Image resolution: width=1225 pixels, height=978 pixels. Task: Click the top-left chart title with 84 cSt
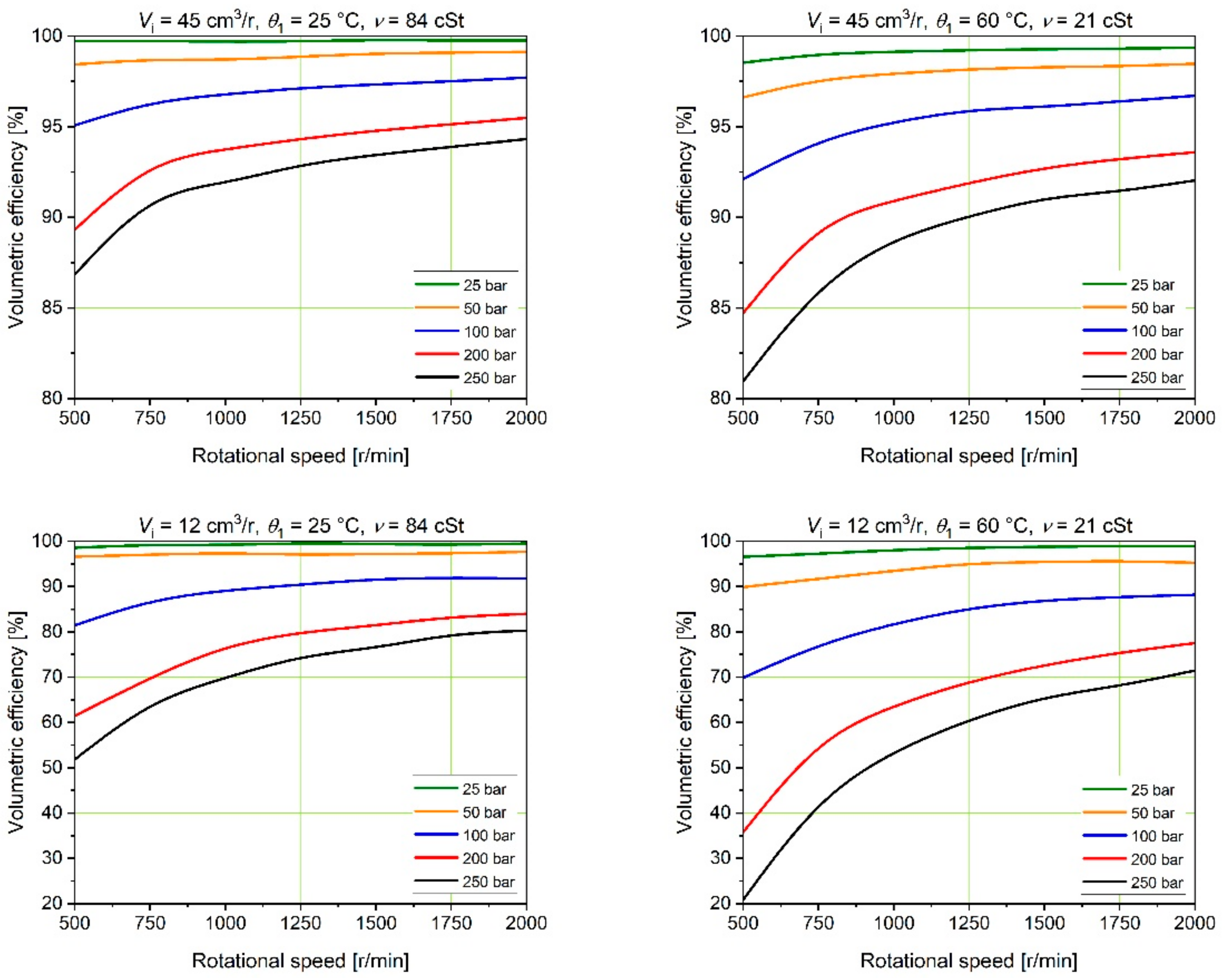301,21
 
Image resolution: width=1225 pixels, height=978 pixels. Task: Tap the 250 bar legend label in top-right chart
1156,378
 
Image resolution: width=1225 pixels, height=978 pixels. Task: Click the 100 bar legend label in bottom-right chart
1156,836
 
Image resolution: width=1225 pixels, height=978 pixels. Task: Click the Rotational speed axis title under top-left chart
300,456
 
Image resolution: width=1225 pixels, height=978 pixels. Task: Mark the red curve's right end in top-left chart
526,118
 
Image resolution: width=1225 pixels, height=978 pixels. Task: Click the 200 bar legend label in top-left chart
489,355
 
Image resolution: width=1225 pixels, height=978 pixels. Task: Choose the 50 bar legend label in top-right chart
1152,308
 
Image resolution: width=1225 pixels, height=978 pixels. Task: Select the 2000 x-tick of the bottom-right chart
1194,923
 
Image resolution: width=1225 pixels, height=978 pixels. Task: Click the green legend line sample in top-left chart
437,284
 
